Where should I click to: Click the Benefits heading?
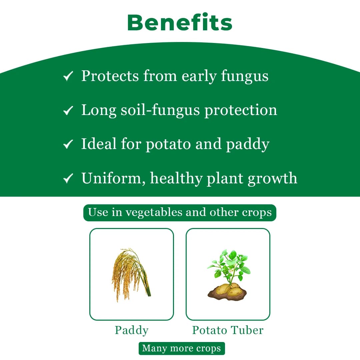pos(180,23)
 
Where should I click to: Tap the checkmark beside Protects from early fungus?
pos(68,77)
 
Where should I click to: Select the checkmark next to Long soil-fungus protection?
pos(68,111)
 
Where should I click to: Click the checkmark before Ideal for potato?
pos(68,144)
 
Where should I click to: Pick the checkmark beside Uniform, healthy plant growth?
pos(68,179)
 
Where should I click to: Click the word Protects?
pos(110,76)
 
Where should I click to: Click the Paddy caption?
pos(132,330)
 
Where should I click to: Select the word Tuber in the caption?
pos(248,330)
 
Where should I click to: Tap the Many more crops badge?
pos(182,348)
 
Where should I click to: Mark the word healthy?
pos(176,178)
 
